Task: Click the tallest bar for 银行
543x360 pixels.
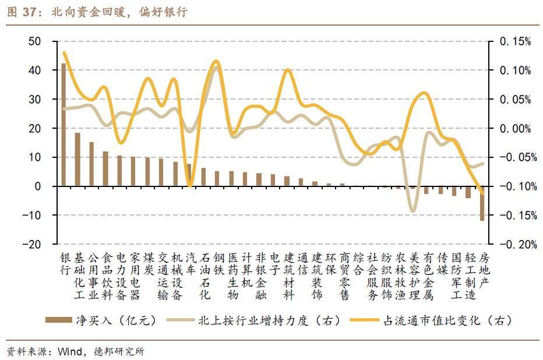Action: [x=64, y=125]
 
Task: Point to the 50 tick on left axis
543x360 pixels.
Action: [x=35, y=41]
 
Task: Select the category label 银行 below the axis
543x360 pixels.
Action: [x=64, y=263]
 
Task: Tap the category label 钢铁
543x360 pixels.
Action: [x=218, y=263]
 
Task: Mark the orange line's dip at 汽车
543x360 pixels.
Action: [x=190, y=186]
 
